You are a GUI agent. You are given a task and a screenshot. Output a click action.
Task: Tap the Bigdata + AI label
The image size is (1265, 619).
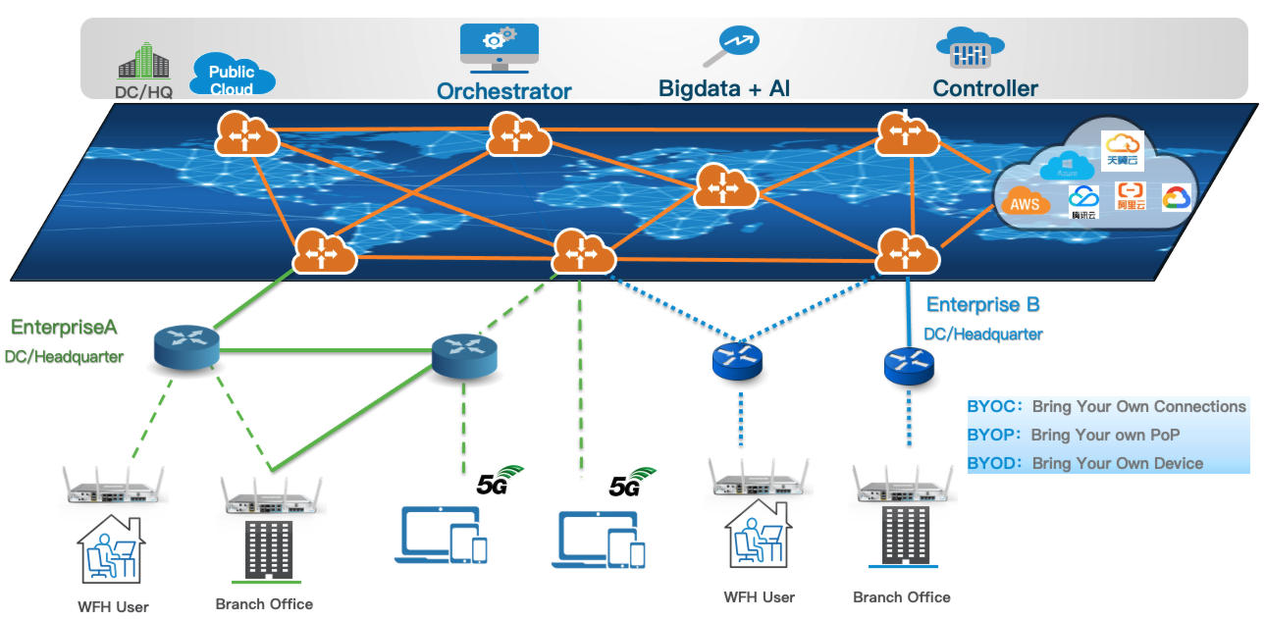point(724,89)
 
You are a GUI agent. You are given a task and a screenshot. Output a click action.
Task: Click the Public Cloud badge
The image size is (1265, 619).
point(232,77)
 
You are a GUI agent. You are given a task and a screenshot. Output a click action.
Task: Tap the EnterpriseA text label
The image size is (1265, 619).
point(64,328)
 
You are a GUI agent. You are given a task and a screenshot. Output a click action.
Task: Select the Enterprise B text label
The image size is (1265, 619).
point(982,305)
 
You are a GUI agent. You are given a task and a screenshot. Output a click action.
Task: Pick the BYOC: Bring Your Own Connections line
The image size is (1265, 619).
point(1107,406)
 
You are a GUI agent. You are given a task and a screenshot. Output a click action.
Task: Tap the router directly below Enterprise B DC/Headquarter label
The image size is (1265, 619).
point(909,365)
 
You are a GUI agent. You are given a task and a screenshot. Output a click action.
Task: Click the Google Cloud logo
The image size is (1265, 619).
point(1175,198)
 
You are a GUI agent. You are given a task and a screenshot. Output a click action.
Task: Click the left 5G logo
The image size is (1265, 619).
point(500,480)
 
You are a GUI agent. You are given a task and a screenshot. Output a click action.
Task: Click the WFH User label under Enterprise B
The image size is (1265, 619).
point(759,596)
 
